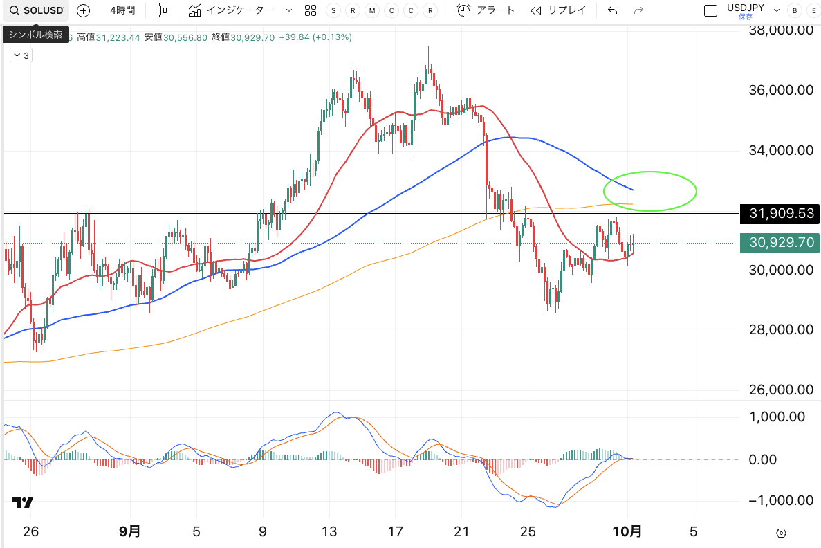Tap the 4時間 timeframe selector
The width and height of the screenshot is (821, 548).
click(122, 10)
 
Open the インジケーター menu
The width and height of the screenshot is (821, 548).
click(232, 10)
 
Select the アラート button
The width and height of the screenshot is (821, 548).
click(486, 10)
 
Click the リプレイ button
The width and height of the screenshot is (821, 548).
click(558, 10)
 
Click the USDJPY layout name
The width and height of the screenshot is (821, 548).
click(745, 8)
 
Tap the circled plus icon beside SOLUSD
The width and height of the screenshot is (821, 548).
click(83, 10)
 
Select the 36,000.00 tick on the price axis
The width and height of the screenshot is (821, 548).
click(780, 90)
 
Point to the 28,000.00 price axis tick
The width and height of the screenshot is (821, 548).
click(780, 329)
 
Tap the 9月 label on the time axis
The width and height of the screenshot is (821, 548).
click(130, 531)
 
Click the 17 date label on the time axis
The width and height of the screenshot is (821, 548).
click(395, 531)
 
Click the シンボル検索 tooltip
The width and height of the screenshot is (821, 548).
click(35, 35)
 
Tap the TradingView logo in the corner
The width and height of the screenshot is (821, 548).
click(23, 503)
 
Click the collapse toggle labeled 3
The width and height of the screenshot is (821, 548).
click(21, 55)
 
